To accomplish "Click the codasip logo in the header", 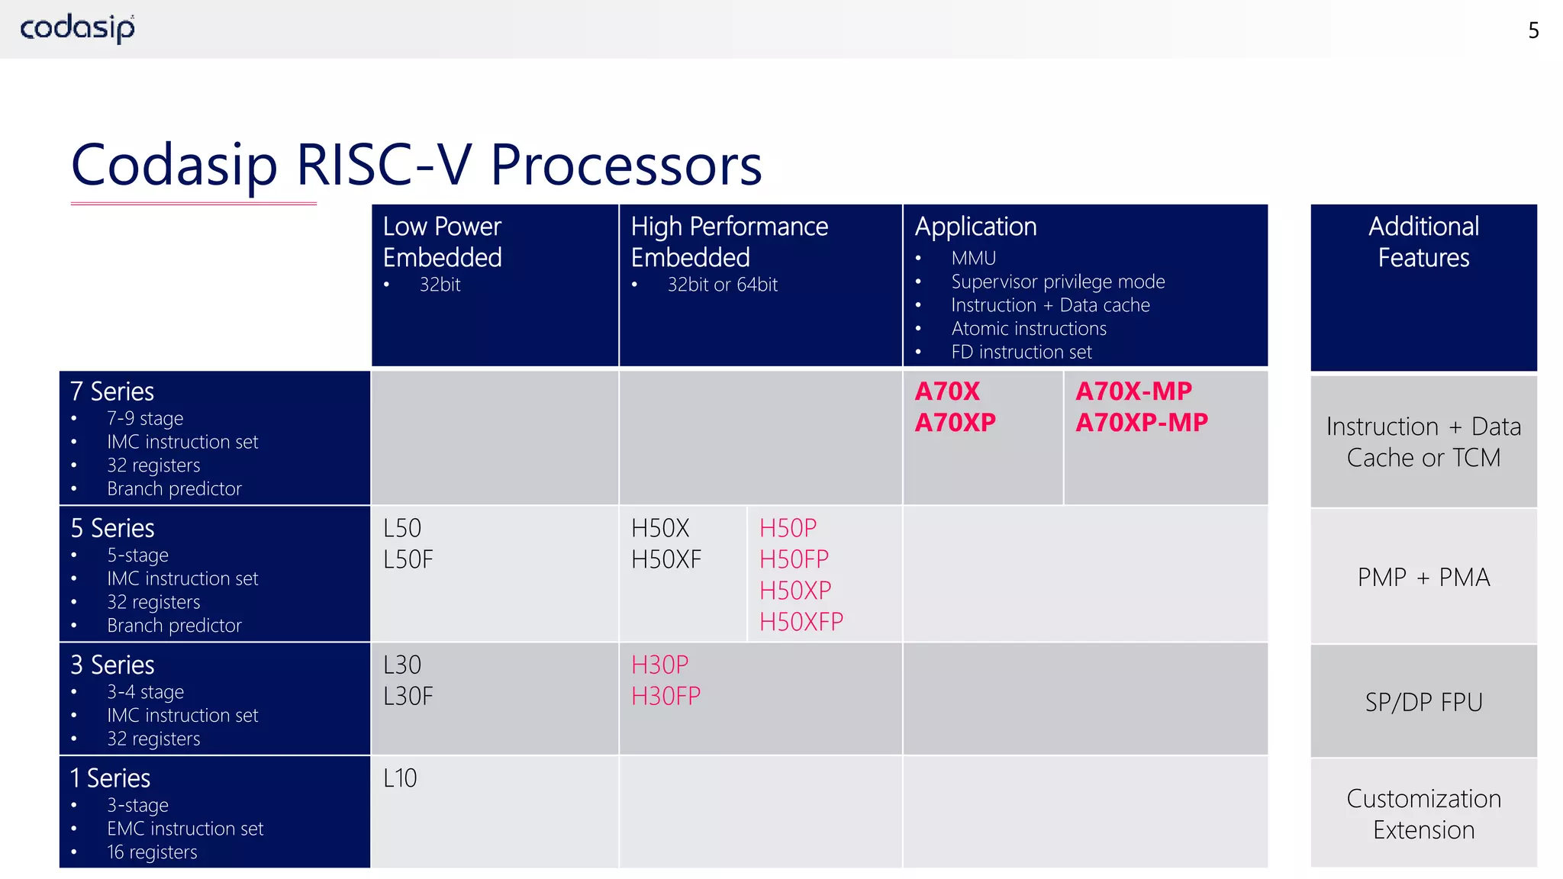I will click(77, 28).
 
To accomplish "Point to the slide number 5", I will click(1533, 31).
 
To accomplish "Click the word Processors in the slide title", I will click(626, 165).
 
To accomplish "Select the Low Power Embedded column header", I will click(442, 242).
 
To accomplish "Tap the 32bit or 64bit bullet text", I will click(722, 285).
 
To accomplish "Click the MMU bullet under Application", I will click(973, 259).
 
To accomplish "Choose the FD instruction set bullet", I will click(1021, 352).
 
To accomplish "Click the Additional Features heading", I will click(1423, 242).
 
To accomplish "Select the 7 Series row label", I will click(112, 391).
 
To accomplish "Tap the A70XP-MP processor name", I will click(1142, 422).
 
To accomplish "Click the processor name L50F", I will click(408, 559).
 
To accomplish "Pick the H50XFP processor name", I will click(801, 622).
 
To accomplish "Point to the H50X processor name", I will click(660, 528).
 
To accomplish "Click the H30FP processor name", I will click(665, 696).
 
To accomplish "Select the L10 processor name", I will click(400, 778).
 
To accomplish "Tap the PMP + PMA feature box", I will click(1423, 577).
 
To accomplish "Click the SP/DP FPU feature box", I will click(1423, 702).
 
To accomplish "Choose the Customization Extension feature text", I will click(1423, 814).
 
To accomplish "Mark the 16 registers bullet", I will click(152, 852).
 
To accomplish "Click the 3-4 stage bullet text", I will click(145, 692).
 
